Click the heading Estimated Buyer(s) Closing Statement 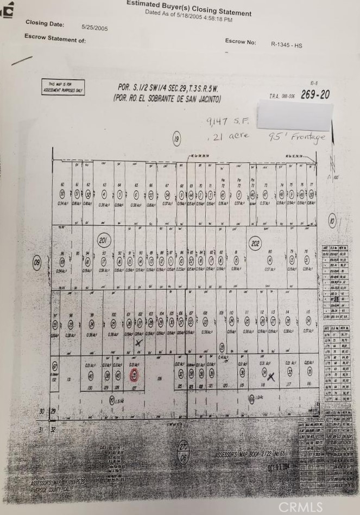click(x=189, y=8)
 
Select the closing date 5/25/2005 click(x=94, y=27)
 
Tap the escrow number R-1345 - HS click(x=286, y=45)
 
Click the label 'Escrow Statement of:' click(x=55, y=39)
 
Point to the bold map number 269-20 click(x=315, y=94)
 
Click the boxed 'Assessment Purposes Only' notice click(x=63, y=87)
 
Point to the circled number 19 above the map click(x=176, y=139)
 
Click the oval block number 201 click(x=104, y=240)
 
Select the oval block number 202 click(x=255, y=244)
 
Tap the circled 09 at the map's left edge click(x=37, y=263)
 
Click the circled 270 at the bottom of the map click(x=184, y=446)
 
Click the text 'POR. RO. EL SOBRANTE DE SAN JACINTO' click(x=167, y=98)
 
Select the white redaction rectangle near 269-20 click(x=294, y=114)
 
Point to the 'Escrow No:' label click(x=240, y=42)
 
